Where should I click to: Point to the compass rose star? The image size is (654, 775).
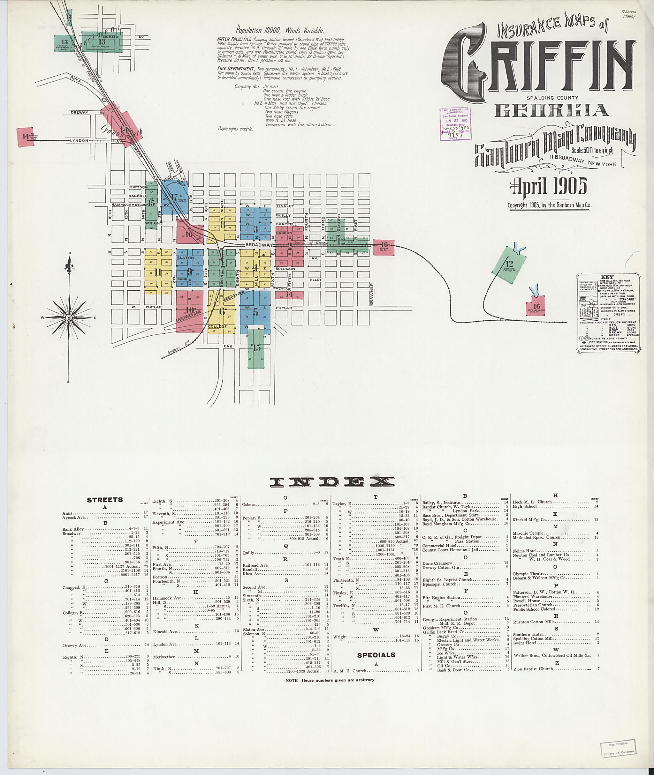click(69, 318)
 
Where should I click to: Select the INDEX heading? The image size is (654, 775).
click(332, 481)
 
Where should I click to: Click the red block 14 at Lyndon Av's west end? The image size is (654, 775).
click(25, 136)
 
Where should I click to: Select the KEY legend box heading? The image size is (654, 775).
click(607, 277)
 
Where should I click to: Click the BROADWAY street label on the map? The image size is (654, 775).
click(258, 245)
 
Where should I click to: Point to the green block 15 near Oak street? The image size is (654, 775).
click(256, 348)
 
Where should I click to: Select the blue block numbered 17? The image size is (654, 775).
click(174, 197)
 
